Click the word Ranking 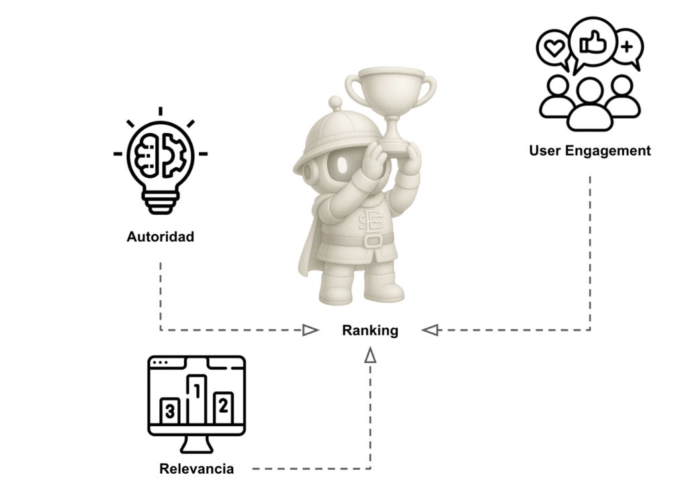[370, 330]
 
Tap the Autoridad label [160, 237]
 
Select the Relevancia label [196, 468]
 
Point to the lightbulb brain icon [160, 160]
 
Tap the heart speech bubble [554, 48]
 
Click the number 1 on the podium [197, 389]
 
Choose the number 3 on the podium [170, 411]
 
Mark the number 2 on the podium [223, 405]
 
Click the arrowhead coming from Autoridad [310, 330]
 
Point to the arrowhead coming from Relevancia [370, 356]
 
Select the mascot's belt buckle [371, 242]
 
